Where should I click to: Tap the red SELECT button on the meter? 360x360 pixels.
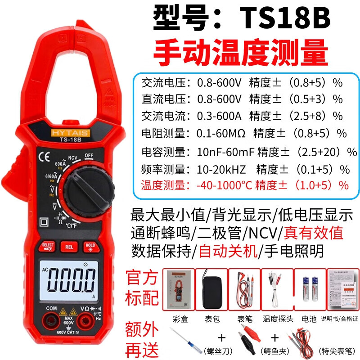(47, 247)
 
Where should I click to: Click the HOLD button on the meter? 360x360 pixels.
(89, 247)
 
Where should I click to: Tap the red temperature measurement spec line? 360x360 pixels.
(245, 184)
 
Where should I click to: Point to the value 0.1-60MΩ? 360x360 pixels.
(220, 133)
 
